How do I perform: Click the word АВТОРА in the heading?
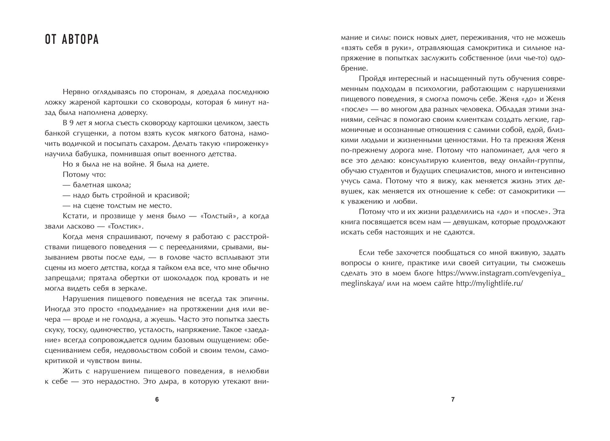81,40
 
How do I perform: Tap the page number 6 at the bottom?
157,399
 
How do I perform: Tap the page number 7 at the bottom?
453,399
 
